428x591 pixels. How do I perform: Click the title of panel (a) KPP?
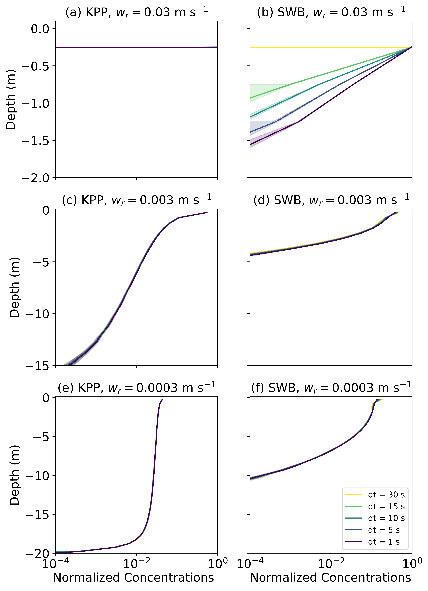(136, 12)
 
